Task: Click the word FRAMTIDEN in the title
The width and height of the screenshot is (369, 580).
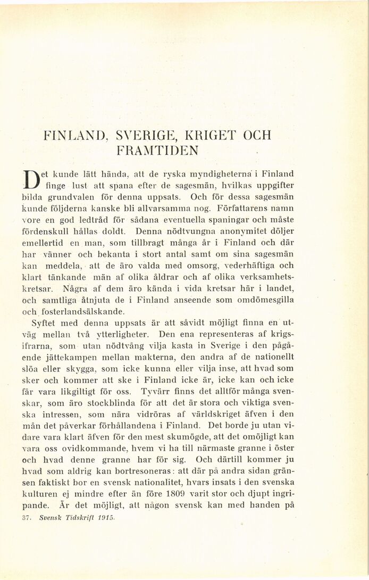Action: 158,150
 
